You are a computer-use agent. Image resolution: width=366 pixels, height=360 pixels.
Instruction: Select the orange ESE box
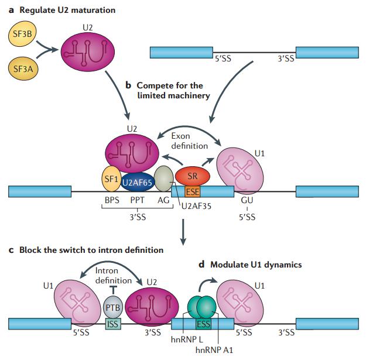click(x=192, y=191)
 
